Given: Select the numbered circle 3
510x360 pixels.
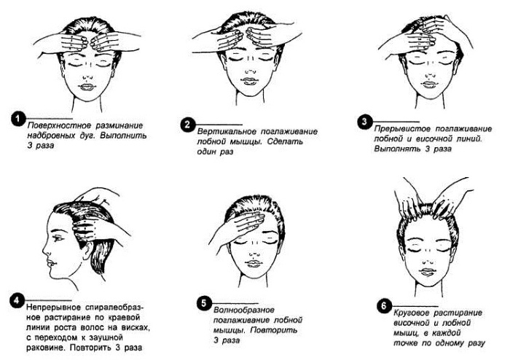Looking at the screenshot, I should click(365, 120).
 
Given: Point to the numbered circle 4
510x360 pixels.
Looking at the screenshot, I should click(18, 299).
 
